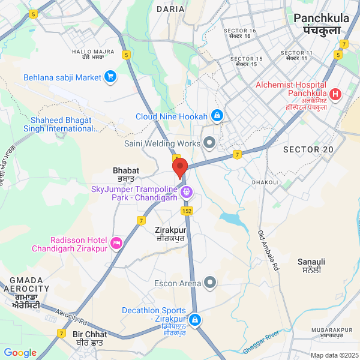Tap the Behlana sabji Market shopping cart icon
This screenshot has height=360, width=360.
(x=110, y=76)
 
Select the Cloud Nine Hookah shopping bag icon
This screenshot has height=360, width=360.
(x=217, y=115)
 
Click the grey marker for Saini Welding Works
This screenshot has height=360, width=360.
(x=209, y=142)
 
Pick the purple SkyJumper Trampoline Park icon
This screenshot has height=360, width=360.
(x=187, y=193)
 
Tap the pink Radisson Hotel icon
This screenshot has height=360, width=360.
(x=116, y=243)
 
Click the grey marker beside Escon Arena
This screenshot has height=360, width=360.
(x=210, y=282)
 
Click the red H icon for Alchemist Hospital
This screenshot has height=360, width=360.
(x=335, y=94)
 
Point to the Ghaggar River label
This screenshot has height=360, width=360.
(x=262, y=341)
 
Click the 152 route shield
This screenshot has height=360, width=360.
(x=187, y=211)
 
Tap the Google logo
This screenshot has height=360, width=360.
(x=20, y=353)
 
